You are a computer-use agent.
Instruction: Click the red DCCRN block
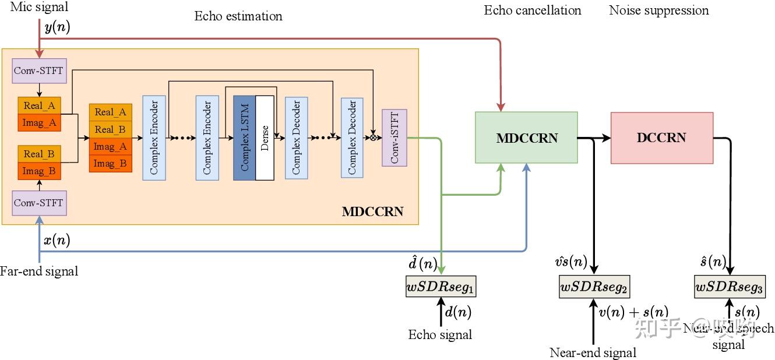661,138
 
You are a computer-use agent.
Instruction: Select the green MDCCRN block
526,138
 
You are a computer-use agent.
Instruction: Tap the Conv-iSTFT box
394,137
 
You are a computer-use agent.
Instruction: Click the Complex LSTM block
244,137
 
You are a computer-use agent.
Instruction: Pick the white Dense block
265,137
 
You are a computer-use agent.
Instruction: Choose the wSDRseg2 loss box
594,287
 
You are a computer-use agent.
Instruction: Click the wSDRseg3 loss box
729,287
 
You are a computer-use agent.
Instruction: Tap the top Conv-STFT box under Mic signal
39,71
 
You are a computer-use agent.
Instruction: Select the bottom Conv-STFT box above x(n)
39,203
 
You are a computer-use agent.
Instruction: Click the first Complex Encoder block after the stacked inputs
153,137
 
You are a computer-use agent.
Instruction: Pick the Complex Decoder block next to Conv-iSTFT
352,137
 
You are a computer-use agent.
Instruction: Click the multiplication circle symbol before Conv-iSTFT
373,138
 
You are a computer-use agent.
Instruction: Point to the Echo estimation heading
238,16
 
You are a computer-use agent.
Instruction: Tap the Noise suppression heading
658,10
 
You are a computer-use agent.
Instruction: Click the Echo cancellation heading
533,10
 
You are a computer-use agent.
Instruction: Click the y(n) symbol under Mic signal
57,27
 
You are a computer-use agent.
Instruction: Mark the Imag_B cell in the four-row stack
111,164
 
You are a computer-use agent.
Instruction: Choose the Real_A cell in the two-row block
40,105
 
